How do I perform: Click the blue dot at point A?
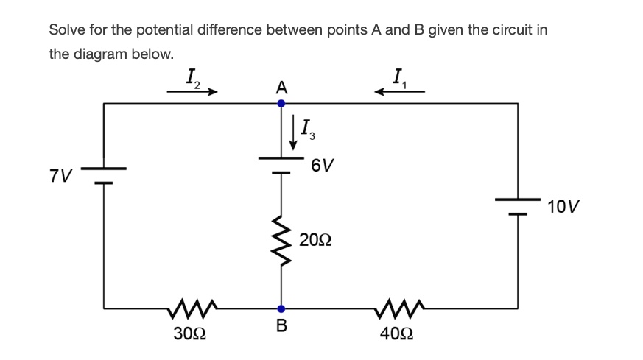[x=281, y=104]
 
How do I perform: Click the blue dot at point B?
[x=281, y=309]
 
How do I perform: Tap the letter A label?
[x=281, y=87]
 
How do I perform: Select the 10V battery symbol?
[x=518, y=205]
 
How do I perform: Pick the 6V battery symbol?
[x=281, y=164]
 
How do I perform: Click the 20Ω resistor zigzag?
[x=281, y=239]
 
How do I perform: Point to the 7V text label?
[x=61, y=177]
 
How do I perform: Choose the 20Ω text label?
[x=315, y=240]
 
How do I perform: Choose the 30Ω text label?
[x=189, y=333]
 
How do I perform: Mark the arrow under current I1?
[x=400, y=92]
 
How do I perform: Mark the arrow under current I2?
[x=192, y=92]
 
